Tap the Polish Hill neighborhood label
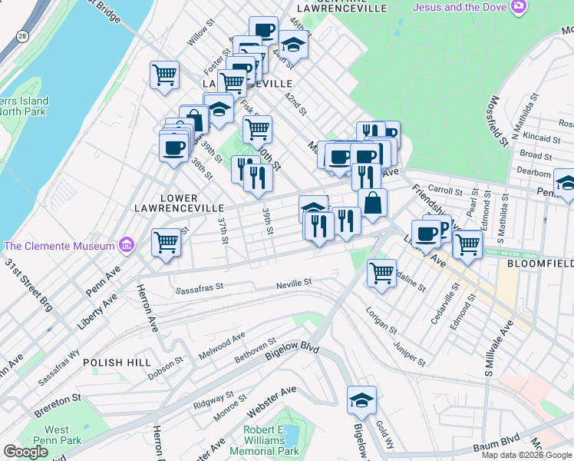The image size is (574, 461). tap(114, 363)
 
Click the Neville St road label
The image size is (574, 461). tap(294, 283)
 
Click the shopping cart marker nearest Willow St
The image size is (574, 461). tap(164, 75)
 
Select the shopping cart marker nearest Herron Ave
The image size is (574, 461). tap(166, 242)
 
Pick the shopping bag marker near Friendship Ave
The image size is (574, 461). tap(372, 203)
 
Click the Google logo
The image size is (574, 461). tap(25, 452)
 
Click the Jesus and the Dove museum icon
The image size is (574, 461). tap(520, 7)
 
